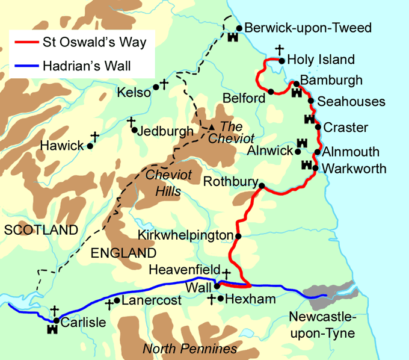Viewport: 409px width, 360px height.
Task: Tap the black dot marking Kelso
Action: [156, 87]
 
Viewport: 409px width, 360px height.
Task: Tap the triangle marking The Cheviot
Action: [211, 127]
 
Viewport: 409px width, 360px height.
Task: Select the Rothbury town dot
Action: [261, 187]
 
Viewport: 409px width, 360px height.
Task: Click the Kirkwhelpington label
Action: [185, 235]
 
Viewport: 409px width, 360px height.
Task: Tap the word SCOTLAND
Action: [40, 230]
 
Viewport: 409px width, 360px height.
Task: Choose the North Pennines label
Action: [189, 349]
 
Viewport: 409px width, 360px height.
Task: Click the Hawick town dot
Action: [90, 146]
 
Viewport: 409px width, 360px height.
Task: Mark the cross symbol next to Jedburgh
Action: [131, 122]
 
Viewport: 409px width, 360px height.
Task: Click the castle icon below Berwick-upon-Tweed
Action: [233, 37]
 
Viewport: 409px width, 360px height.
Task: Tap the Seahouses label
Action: [351, 102]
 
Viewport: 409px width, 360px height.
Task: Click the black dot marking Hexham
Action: [221, 298]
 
